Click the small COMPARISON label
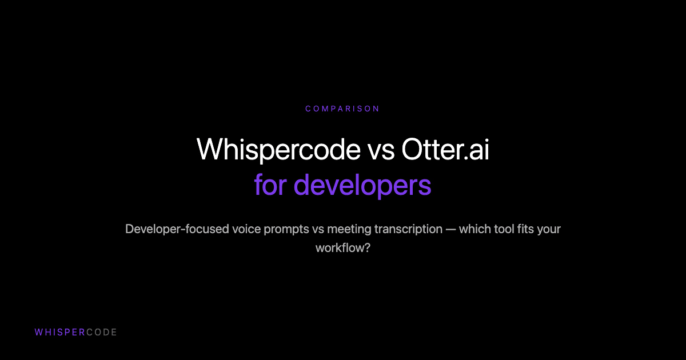pyautogui.click(x=342, y=109)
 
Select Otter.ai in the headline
pyautogui.click(x=445, y=149)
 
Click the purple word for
pyautogui.click(x=269, y=185)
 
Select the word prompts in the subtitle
pyautogui.click(x=288, y=229)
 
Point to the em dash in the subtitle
pyautogui.click(x=454, y=229)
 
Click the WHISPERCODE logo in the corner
pyautogui.click(x=75, y=332)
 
